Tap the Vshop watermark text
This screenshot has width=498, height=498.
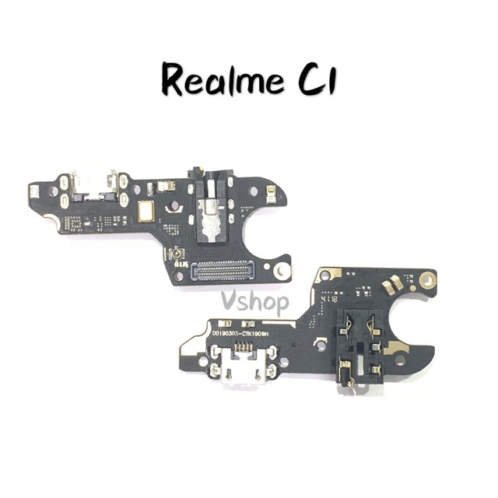(x=254, y=301)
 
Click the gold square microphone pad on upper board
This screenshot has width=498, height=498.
(x=146, y=209)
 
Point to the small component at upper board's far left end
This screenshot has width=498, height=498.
(x=34, y=188)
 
